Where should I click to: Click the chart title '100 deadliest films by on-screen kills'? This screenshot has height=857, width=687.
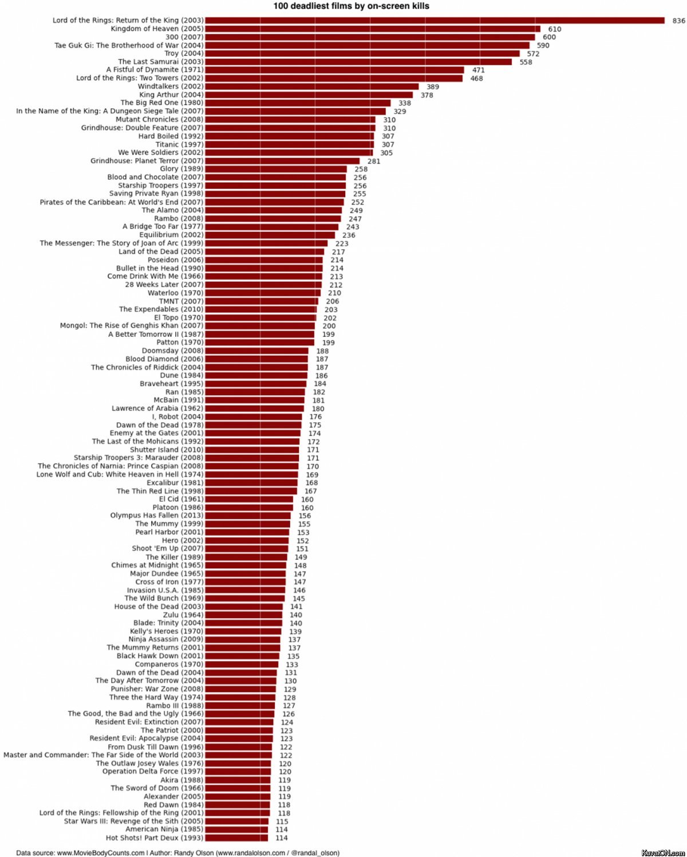pyautogui.click(x=351, y=6)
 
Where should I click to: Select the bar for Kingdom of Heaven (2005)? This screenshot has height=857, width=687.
pyautogui.click(x=372, y=29)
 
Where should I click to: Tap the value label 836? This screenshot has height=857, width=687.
pyautogui.click(x=678, y=21)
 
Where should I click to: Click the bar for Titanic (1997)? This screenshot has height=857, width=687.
pyautogui.click(x=289, y=144)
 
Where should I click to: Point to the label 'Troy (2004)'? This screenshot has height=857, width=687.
pyautogui.click(x=184, y=53)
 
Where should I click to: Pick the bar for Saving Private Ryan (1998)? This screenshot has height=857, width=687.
pyautogui.click(x=275, y=194)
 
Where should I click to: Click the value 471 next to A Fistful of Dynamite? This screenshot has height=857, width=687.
pyautogui.click(x=478, y=70)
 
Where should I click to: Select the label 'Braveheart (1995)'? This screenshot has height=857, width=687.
pyautogui.click(x=171, y=384)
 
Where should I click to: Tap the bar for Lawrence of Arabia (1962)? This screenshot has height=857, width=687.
pyautogui.click(x=254, y=408)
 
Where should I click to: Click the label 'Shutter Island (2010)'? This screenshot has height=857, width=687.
pyautogui.click(x=166, y=450)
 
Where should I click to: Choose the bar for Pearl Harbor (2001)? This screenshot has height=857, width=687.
pyautogui.click(x=247, y=532)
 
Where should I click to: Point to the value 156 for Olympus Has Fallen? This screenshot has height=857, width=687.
pyautogui.click(x=305, y=516)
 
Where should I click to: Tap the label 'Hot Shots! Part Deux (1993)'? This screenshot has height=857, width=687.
pyautogui.click(x=154, y=838)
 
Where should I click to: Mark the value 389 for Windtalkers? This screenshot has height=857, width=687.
pyautogui.click(x=432, y=87)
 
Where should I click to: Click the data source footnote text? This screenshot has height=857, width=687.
pyautogui.click(x=177, y=853)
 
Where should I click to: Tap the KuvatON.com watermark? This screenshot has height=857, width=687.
pyautogui.click(x=663, y=852)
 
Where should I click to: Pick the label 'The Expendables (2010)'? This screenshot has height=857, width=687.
pyautogui.click(x=161, y=309)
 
